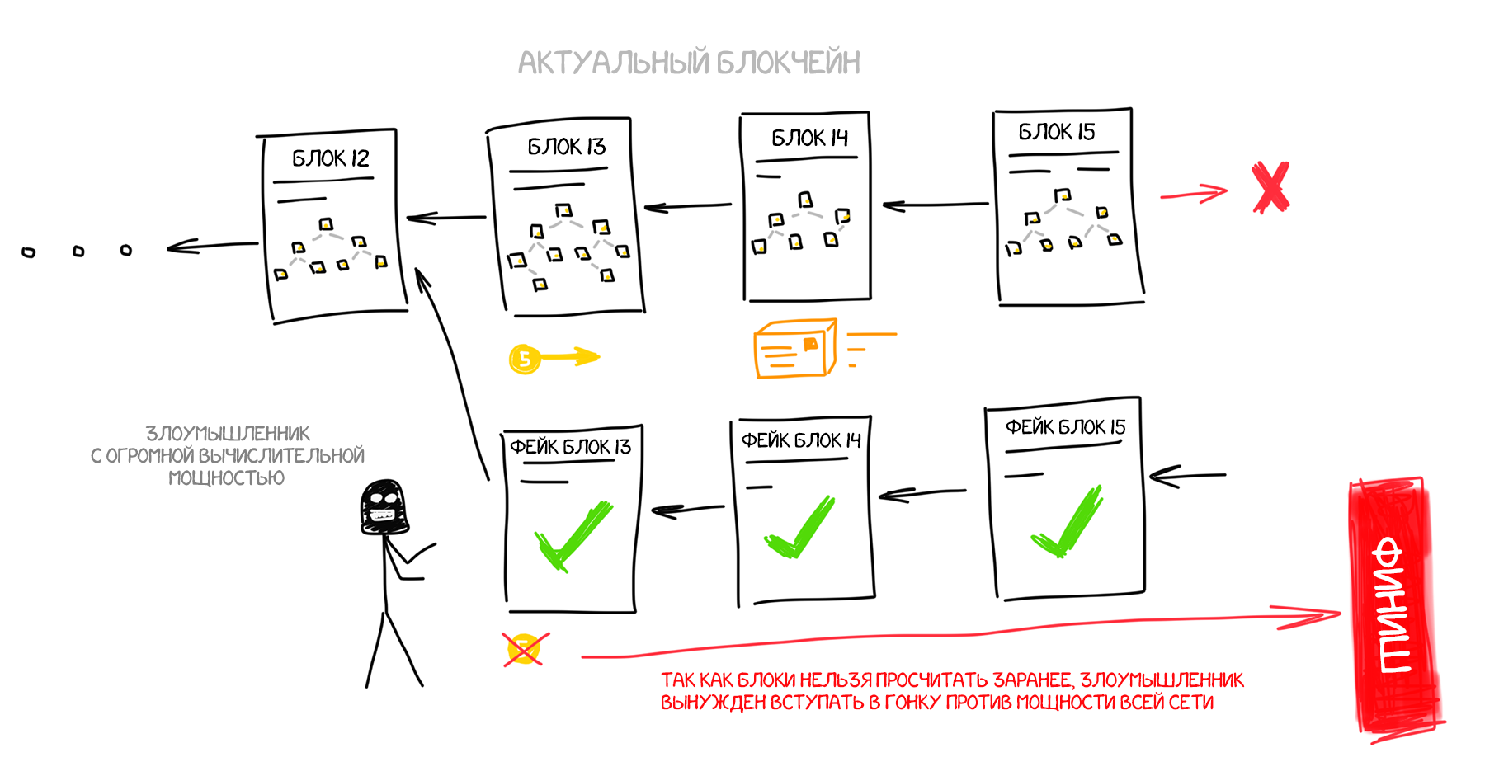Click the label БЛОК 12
(x=331, y=158)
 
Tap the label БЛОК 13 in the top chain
(x=567, y=147)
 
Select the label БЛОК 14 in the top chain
(x=809, y=138)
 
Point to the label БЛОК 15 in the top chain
(x=1056, y=132)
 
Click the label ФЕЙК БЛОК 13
(x=570, y=447)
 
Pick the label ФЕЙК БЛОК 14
(x=800, y=440)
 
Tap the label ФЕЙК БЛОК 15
(x=1065, y=427)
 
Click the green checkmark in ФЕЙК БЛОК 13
(x=572, y=536)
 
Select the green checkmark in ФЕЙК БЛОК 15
(x=1065, y=524)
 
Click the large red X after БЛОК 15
(x=1270, y=188)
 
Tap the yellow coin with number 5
(x=525, y=359)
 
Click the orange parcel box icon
(x=795, y=349)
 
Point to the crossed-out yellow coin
(x=525, y=649)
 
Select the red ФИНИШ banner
(x=1395, y=606)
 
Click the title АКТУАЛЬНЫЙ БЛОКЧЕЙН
(x=689, y=63)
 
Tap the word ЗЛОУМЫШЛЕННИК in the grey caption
(x=228, y=434)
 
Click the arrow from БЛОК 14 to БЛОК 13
(x=687, y=206)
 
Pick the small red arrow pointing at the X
(x=1193, y=195)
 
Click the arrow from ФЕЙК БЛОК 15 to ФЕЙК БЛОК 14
(x=922, y=493)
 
